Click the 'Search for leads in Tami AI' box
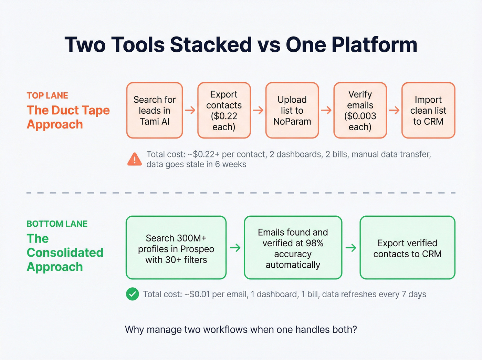click(x=155, y=110)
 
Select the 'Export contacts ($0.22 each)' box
click(x=224, y=110)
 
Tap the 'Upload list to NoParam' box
click(x=292, y=110)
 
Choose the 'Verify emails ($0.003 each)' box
click(x=360, y=110)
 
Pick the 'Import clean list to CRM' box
click(x=428, y=110)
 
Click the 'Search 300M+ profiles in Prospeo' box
click(x=176, y=248)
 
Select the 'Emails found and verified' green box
click(x=293, y=248)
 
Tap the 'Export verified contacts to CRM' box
click(x=407, y=248)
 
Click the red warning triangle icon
click(x=135, y=160)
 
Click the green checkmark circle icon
click(x=133, y=294)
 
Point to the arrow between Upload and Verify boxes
click(x=326, y=110)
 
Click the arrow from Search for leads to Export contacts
click(x=190, y=110)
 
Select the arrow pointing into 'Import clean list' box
click(x=394, y=110)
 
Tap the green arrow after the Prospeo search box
click(x=235, y=248)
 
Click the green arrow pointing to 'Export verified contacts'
click(x=351, y=248)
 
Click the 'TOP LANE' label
click(x=48, y=95)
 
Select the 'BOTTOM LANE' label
click(x=57, y=224)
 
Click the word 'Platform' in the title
click(x=374, y=45)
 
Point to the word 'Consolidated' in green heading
click(x=65, y=253)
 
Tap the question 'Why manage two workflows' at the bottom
click(x=241, y=330)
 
